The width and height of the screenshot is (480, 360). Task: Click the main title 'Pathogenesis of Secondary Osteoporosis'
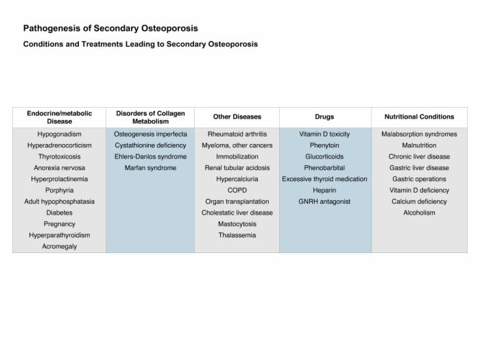click(110, 29)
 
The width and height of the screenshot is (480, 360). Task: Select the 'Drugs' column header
click(324, 117)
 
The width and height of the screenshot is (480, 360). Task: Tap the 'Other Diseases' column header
click(237, 117)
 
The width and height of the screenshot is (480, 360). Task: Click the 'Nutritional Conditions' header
click(420, 117)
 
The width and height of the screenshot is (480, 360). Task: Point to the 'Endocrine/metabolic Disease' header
click(60, 117)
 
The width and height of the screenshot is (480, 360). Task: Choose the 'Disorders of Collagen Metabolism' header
click(150, 117)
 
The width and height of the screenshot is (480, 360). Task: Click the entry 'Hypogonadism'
click(60, 134)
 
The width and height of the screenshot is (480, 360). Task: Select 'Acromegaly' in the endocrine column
click(60, 246)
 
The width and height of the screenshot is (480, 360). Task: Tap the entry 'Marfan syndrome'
click(150, 168)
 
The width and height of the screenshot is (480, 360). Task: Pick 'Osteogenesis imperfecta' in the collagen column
click(150, 134)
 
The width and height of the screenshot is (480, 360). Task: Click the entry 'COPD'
click(237, 190)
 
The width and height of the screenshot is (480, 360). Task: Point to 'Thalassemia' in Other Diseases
click(237, 235)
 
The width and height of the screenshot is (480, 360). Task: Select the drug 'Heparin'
click(324, 190)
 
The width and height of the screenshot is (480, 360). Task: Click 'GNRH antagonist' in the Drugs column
click(324, 202)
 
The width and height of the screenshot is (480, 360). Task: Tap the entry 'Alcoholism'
click(420, 213)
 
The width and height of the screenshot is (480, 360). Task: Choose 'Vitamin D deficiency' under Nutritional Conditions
click(420, 190)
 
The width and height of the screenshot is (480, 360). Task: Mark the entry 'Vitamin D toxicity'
click(324, 134)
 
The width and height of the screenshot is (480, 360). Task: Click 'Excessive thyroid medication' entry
click(324, 179)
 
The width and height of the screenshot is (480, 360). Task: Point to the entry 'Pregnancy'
click(60, 224)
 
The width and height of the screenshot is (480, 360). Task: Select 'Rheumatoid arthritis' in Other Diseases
click(237, 134)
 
